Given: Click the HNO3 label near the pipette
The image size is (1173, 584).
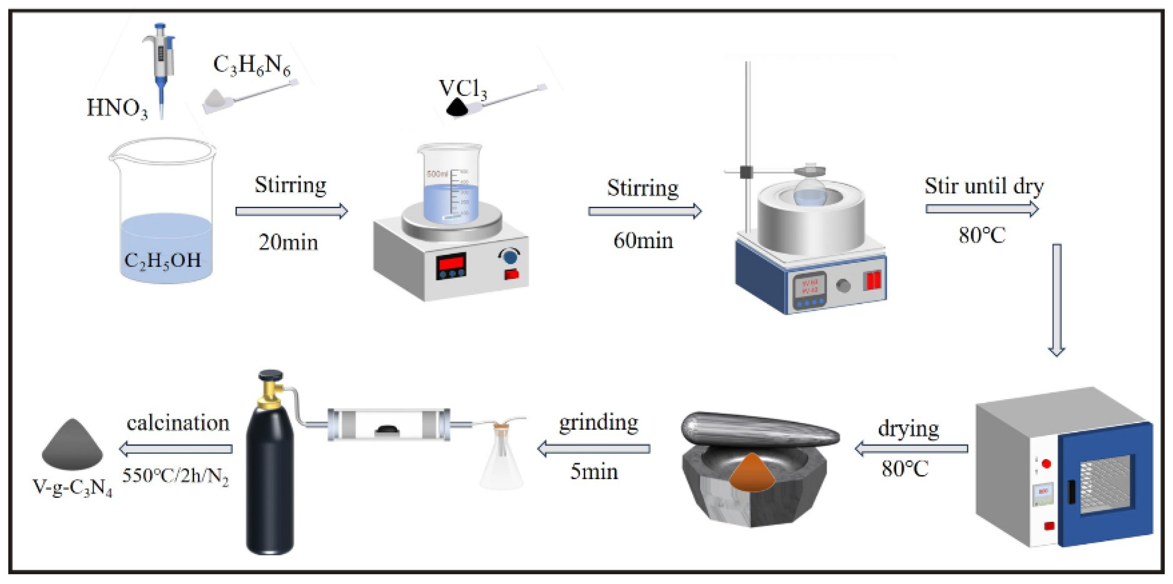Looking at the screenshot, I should click(x=117, y=108).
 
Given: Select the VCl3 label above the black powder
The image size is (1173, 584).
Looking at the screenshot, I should click(x=463, y=89).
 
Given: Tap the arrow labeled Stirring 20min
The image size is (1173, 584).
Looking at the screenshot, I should click(x=291, y=211).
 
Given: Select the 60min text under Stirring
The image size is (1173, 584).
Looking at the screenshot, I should click(x=643, y=241).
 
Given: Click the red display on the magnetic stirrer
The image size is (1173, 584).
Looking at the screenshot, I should click(x=451, y=264).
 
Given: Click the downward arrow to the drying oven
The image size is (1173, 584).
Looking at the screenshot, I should click(x=1056, y=300).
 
